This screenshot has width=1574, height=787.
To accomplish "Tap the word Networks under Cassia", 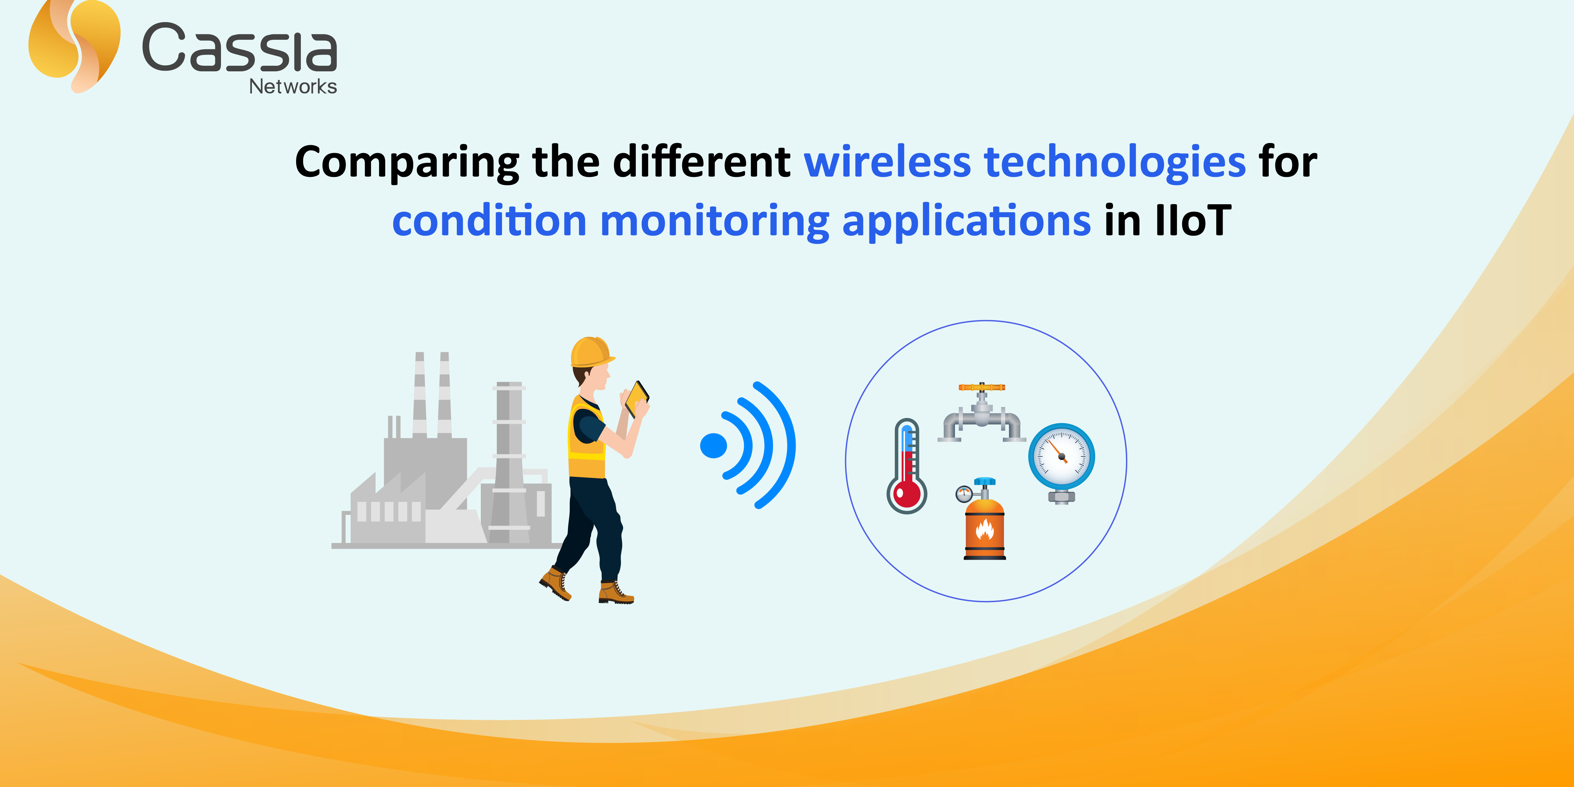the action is pyautogui.click(x=293, y=87).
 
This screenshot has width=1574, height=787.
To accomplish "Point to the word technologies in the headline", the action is pyautogui.click(x=1115, y=163).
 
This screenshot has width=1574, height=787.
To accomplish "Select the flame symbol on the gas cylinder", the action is pyautogui.click(x=984, y=529).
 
